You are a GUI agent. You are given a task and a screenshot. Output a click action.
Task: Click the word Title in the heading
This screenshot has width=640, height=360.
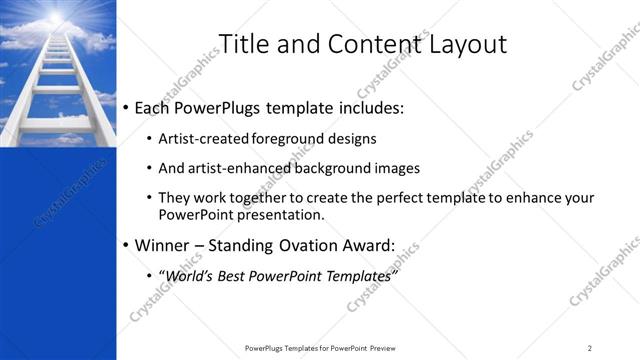point(244,44)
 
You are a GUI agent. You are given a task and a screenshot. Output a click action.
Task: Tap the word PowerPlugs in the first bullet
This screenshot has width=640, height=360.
point(216,107)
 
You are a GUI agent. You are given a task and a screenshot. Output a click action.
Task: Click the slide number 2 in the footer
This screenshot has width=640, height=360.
point(590,348)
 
